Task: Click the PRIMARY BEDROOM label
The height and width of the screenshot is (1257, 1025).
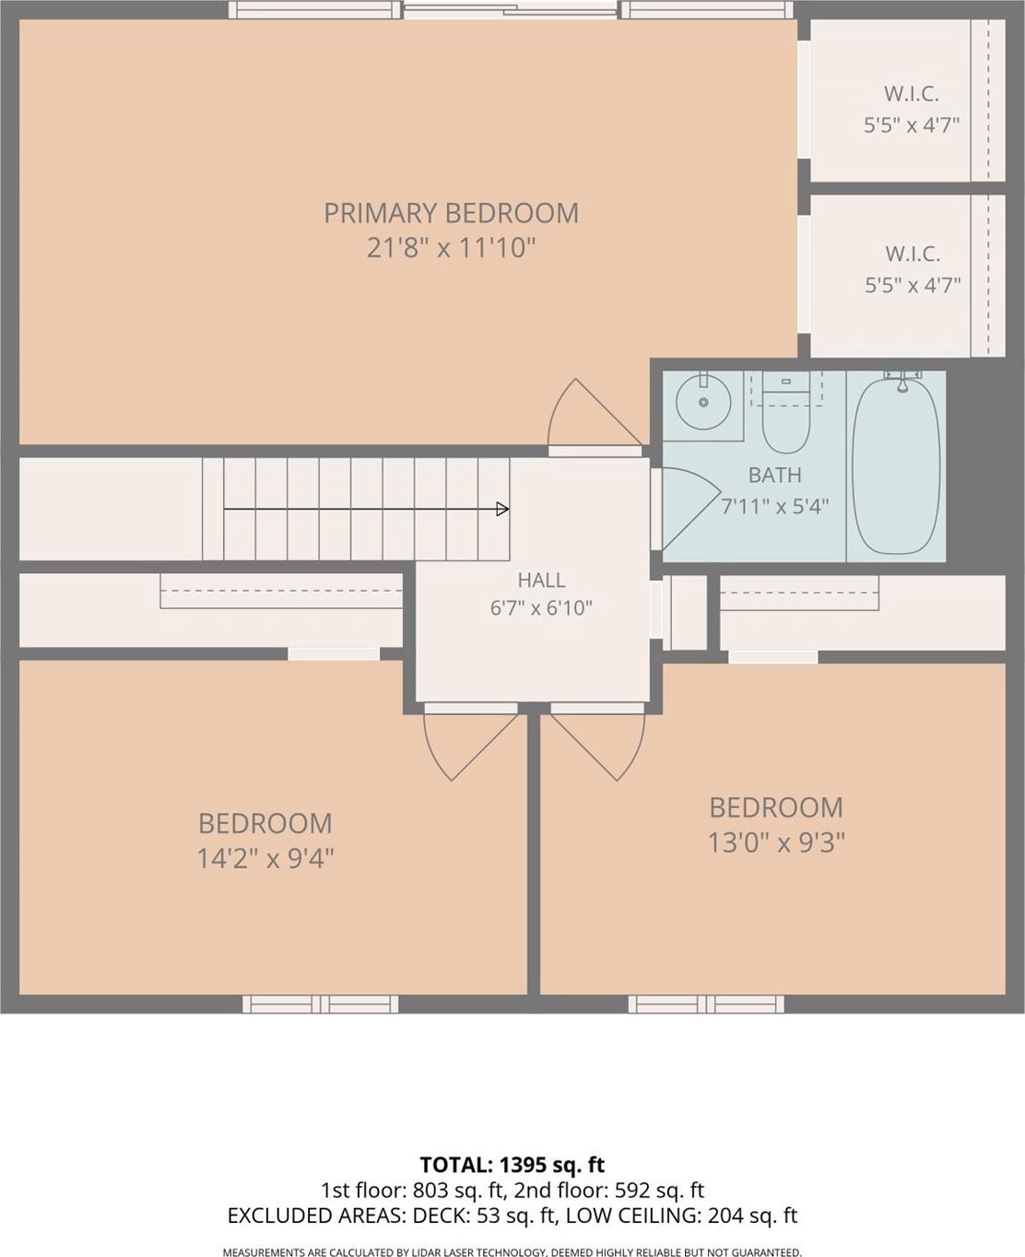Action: click(451, 214)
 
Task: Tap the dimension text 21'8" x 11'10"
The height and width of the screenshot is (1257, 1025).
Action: click(451, 248)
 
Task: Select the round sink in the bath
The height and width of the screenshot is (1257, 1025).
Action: click(703, 403)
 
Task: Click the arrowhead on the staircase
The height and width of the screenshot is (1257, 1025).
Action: click(502, 509)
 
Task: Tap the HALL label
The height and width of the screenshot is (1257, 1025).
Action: click(541, 580)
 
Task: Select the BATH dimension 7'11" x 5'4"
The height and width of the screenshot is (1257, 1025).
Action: click(774, 507)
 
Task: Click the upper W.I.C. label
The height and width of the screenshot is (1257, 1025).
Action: click(912, 94)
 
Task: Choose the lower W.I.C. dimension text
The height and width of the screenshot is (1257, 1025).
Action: click(913, 286)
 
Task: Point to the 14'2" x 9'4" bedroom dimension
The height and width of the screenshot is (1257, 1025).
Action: click(265, 859)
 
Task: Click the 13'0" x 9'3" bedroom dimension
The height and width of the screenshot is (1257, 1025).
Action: click(776, 843)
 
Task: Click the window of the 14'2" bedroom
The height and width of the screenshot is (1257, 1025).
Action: click(320, 1004)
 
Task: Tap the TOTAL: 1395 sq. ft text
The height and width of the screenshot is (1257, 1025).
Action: click(512, 1164)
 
